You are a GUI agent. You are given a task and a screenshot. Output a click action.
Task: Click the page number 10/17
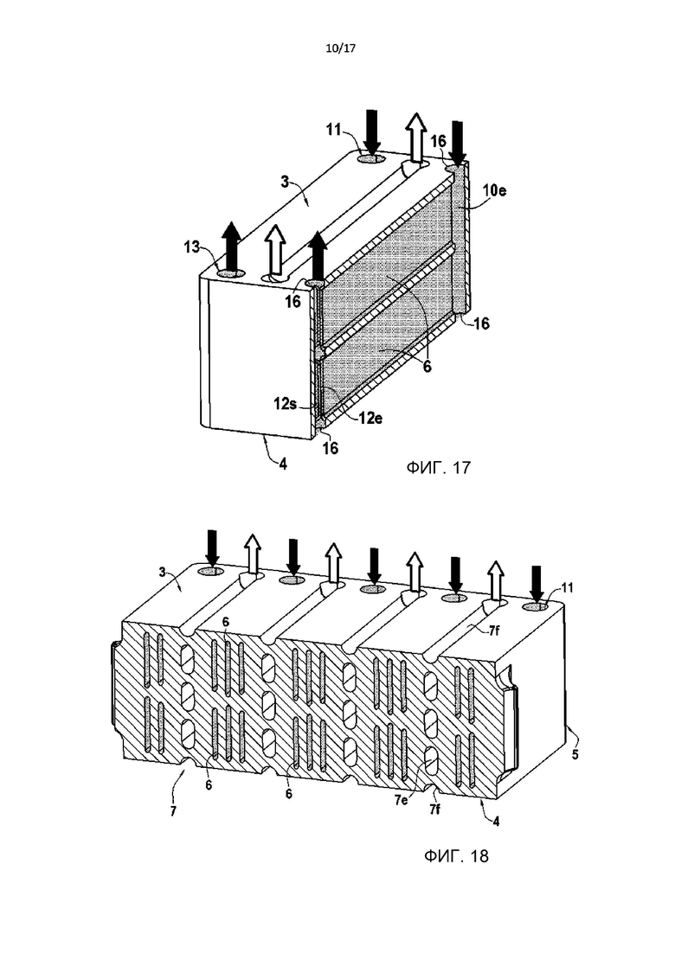pyautogui.click(x=340, y=48)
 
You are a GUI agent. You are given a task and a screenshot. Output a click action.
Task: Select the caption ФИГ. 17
pyautogui.click(x=438, y=467)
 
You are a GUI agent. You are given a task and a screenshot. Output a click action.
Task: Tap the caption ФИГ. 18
pyautogui.click(x=456, y=856)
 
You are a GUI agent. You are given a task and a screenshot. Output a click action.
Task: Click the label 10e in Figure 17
pyautogui.click(x=494, y=190)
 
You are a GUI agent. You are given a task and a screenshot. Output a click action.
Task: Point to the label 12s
pyautogui.click(x=285, y=403)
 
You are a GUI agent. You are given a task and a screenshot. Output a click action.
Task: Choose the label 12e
pyautogui.click(x=370, y=418)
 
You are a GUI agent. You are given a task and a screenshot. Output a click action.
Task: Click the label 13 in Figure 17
pyautogui.click(x=192, y=247)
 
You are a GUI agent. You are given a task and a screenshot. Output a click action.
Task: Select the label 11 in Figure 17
pyautogui.click(x=333, y=129)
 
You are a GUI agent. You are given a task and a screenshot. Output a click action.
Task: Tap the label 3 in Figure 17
pyautogui.click(x=284, y=182)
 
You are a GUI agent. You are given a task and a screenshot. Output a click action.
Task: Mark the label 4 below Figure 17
pyautogui.click(x=283, y=464)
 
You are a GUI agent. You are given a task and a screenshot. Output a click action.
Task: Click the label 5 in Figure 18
pyautogui.click(x=575, y=754)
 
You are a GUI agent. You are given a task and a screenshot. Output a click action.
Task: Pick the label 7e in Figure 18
pyautogui.click(x=400, y=800)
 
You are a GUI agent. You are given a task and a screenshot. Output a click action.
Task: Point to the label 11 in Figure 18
pyautogui.click(x=568, y=588)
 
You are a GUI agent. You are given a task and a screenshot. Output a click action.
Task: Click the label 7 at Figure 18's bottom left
pyautogui.click(x=173, y=811)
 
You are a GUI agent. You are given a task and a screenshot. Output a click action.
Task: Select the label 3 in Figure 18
pyautogui.click(x=163, y=573)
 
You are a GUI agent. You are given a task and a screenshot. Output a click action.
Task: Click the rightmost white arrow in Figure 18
pyautogui.click(x=496, y=581)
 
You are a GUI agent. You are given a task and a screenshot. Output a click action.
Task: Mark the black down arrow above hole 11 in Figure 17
pyautogui.click(x=372, y=131)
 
